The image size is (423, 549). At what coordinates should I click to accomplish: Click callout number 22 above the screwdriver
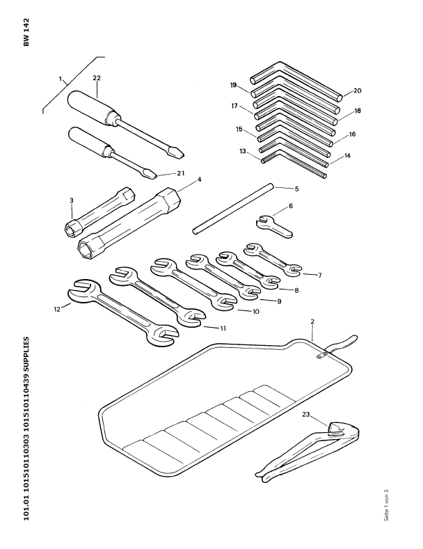(x=97, y=78)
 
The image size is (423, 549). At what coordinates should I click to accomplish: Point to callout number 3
(x=72, y=201)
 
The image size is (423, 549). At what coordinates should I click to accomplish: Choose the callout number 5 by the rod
(x=296, y=189)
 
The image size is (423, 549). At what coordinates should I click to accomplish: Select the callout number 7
(x=319, y=276)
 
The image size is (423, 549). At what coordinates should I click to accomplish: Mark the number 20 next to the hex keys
(x=357, y=91)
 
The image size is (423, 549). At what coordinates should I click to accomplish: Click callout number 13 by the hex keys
(x=243, y=151)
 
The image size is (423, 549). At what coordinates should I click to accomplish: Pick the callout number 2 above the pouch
(x=313, y=321)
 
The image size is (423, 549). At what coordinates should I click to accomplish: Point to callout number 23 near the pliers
(x=306, y=415)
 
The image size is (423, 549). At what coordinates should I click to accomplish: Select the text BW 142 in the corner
(x=27, y=32)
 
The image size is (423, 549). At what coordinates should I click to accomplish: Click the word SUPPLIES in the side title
(x=27, y=358)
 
